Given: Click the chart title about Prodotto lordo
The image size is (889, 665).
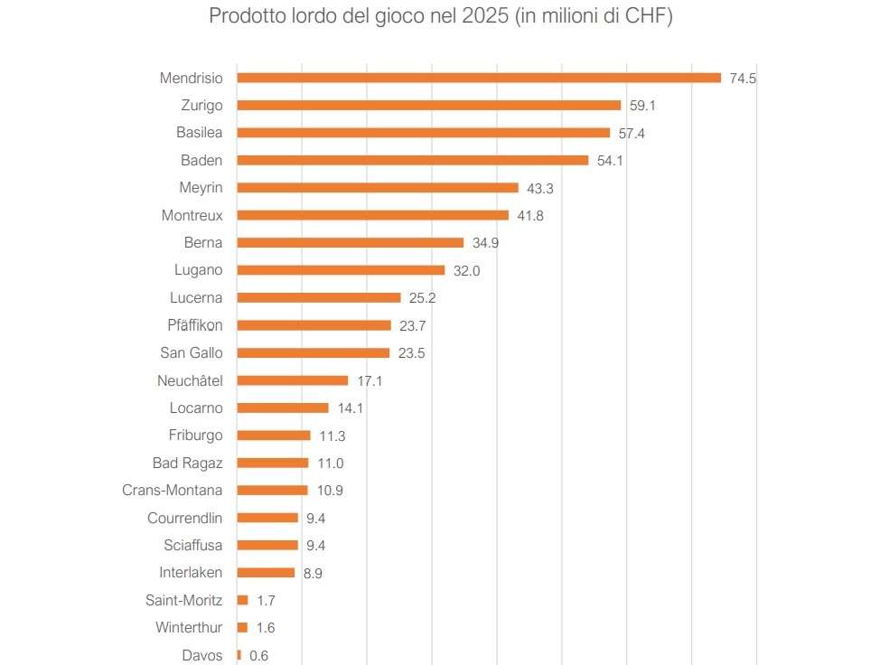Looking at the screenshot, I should click(441, 17).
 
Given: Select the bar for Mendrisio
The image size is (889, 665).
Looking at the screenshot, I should click(479, 78).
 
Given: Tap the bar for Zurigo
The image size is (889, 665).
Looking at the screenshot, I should click(428, 105).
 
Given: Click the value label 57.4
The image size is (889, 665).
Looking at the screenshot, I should click(632, 133).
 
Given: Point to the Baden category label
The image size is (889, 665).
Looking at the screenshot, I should click(201, 160).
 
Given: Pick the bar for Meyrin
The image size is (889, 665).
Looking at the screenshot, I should click(378, 188).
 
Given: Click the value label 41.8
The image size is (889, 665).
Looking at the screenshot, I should click(530, 216).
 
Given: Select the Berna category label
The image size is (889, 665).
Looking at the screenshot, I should click(203, 243).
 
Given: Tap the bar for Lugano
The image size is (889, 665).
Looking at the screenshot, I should click(341, 270).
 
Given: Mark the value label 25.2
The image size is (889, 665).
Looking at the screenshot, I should click(422, 298).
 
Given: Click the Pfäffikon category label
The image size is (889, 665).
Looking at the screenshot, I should click(195, 325).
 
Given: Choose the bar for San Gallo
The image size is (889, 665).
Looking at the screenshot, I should click(313, 353).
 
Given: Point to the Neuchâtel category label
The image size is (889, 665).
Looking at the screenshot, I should click(190, 380).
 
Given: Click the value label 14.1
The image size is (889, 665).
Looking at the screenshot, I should click(350, 408).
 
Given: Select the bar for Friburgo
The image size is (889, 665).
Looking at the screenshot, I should click(274, 436).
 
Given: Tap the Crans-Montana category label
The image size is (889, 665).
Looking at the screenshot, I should click(173, 491).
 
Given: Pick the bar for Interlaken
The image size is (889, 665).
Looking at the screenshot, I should click(266, 573).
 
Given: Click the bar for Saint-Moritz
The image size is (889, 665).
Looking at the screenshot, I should click(242, 600).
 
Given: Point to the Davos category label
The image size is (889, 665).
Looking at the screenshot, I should click(202, 656).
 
